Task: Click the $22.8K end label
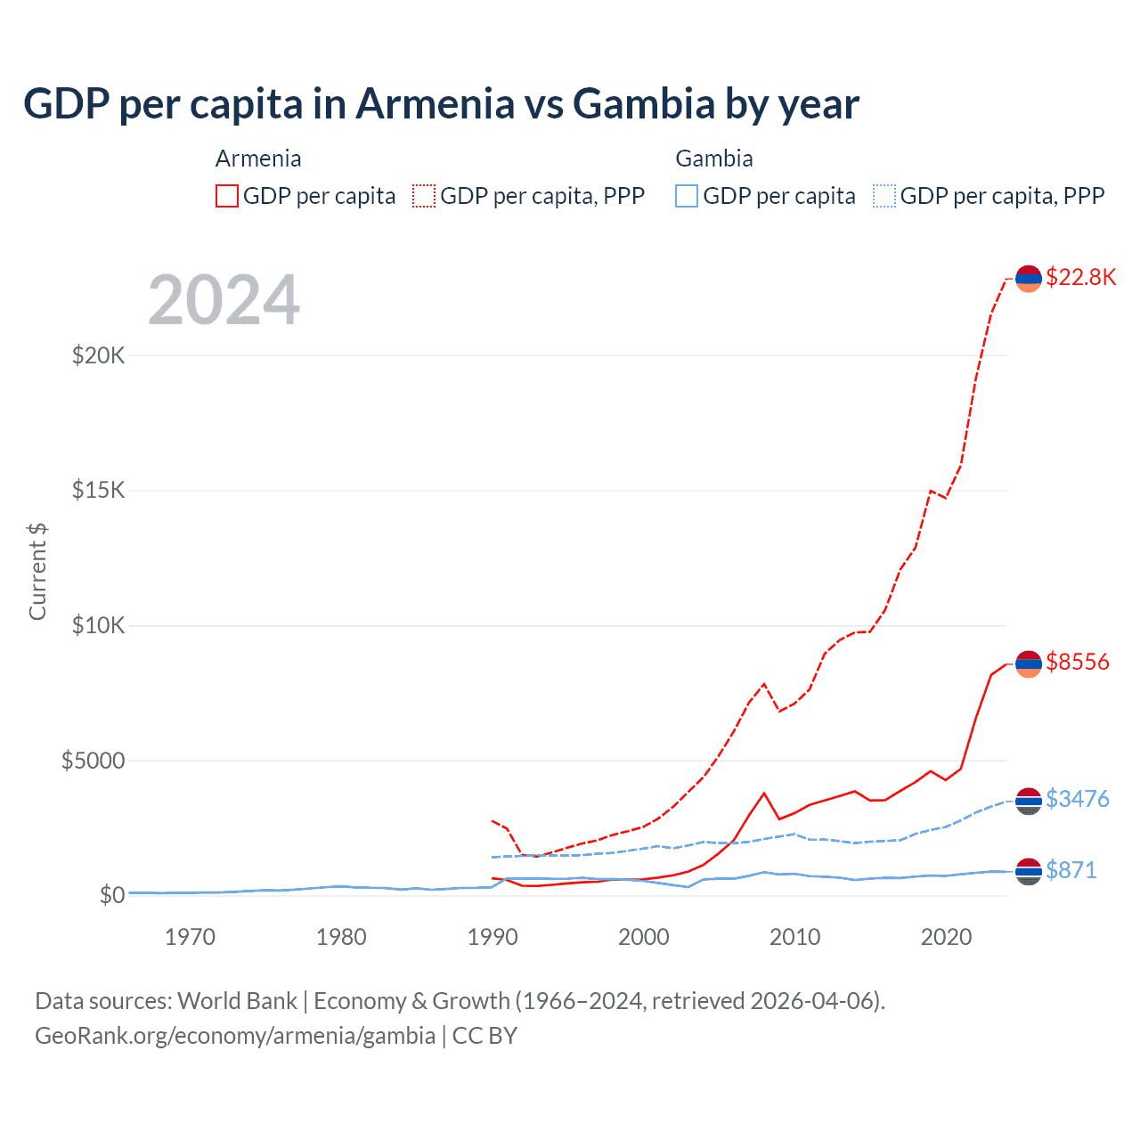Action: pos(1080,277)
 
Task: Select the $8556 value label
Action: pos(1078,662)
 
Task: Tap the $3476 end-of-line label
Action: pos(1078,799)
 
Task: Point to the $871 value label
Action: pos(1071,870)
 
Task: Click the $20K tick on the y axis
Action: pos(99,356)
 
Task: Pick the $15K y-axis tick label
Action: pos(99,491)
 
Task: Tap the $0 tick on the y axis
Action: pos(111,895)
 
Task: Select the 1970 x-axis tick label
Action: pos(190,937)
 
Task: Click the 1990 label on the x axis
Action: pos(493,937)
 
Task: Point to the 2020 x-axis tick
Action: pos(946,937)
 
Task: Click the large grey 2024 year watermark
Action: pos(224,300)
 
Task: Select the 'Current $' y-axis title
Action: pos(37,571)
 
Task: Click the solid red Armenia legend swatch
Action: pos(227,196)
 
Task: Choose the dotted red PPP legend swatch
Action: pos(424,196)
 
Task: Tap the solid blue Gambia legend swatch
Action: pos(687,196)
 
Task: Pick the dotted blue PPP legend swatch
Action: pos(884,196)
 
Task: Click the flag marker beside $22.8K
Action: pos(1029,279)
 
